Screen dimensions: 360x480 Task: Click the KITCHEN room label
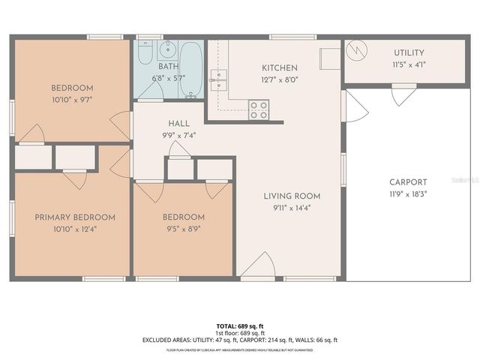point(279,67)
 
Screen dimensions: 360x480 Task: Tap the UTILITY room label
point(409,52)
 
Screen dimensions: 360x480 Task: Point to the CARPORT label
point(408,182)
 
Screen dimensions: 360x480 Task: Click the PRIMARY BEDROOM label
point(75,217)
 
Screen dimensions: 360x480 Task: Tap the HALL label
point(178,123)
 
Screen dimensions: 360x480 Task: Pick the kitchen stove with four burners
point(259,110)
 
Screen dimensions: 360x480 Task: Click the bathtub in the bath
point(191,69)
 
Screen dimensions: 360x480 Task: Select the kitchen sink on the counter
point(219,79)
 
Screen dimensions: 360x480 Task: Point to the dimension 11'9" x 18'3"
point(408,194)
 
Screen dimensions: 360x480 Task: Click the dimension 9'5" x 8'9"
point(184,229)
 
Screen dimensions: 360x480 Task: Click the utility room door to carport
point(403,93)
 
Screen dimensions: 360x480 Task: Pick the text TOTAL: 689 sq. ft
point(240,325)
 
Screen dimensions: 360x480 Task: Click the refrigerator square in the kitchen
point(329,58)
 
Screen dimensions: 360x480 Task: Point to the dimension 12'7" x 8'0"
point(279,79)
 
